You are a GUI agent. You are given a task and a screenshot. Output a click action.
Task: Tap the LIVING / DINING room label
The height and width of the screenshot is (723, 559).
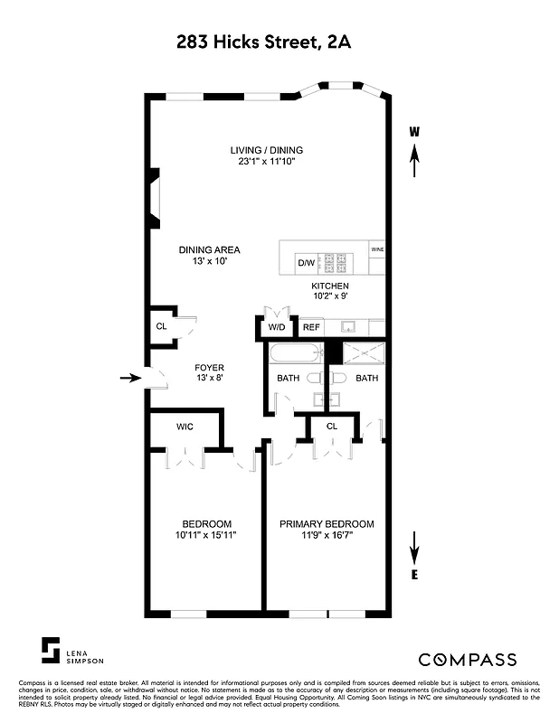[266, 150]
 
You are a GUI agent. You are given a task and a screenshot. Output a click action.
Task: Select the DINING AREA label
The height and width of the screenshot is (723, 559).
[209, 250]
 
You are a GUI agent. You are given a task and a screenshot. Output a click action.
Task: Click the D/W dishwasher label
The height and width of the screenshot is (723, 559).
[306, 263]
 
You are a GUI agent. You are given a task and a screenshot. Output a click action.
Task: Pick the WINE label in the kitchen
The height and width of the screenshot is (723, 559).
[376, 248]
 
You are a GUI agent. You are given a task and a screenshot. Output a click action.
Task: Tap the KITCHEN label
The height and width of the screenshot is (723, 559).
[330, 286]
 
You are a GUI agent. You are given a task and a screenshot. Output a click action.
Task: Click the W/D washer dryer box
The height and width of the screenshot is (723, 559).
[276, 327]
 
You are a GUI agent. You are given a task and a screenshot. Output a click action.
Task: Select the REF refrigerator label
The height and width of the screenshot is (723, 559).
[311, 327]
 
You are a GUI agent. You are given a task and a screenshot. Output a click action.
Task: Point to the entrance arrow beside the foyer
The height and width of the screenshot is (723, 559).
[131, 379]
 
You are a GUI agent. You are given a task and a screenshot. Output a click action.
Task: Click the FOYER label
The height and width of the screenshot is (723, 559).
[209, 368]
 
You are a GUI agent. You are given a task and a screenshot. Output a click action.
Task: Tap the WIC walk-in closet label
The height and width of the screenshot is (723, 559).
[185, 425]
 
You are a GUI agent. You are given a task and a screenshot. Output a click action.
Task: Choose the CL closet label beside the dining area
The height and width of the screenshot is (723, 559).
[161, 326]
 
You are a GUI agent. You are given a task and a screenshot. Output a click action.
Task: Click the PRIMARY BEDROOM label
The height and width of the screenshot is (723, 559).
[326, 524]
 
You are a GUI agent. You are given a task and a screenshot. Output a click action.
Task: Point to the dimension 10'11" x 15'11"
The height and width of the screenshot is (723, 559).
[207, 536]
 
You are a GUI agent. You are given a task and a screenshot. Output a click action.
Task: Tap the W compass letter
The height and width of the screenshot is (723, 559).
[414, 132]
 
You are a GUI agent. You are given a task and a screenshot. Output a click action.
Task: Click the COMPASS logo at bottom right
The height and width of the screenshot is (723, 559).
[467, 659]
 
